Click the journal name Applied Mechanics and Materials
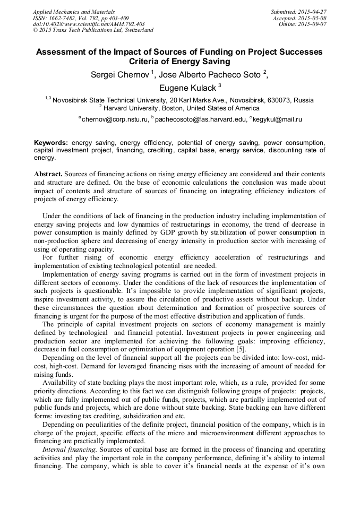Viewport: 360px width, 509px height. click(x=73, y=12)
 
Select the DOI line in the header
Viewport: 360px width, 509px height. click(x=88, y=24)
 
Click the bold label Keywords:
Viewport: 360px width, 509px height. click(x=51, y=143)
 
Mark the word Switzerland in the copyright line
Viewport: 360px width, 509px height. click(x=138, y=31)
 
